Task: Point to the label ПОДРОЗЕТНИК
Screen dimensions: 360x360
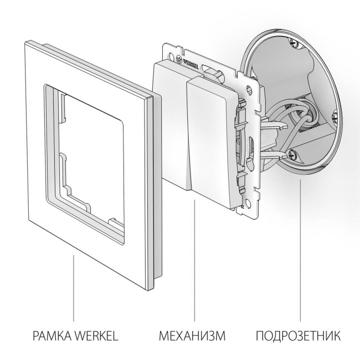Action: coord(299,336)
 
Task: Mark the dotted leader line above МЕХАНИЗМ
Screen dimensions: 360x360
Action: coord(194,260)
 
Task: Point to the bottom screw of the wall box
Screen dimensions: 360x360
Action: coord(288,157)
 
